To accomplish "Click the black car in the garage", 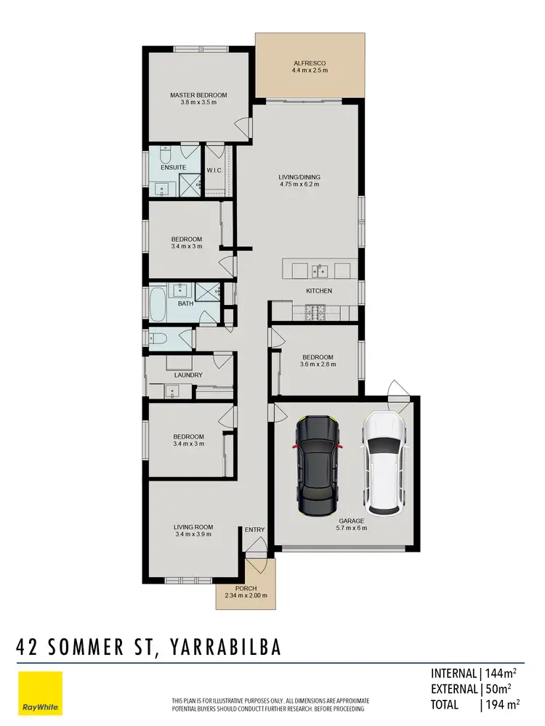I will click(317, 462).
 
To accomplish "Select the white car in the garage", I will click(382, 462).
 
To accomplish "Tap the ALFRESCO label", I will click(310, 63).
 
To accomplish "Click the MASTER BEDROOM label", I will click(198, 95).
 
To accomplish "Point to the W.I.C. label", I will click(214, 171).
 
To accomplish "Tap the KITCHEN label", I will click(319, 291).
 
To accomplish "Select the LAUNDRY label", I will click(188, 375).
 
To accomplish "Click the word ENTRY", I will click(254, 530).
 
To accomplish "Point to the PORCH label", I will click(246, 589).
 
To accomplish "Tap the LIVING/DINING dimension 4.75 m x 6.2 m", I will click(300, 184).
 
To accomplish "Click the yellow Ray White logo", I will click(40, 693).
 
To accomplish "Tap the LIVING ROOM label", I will click(193, 527).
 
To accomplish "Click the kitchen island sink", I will click(320, 272).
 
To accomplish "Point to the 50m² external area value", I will click(501, 689).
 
